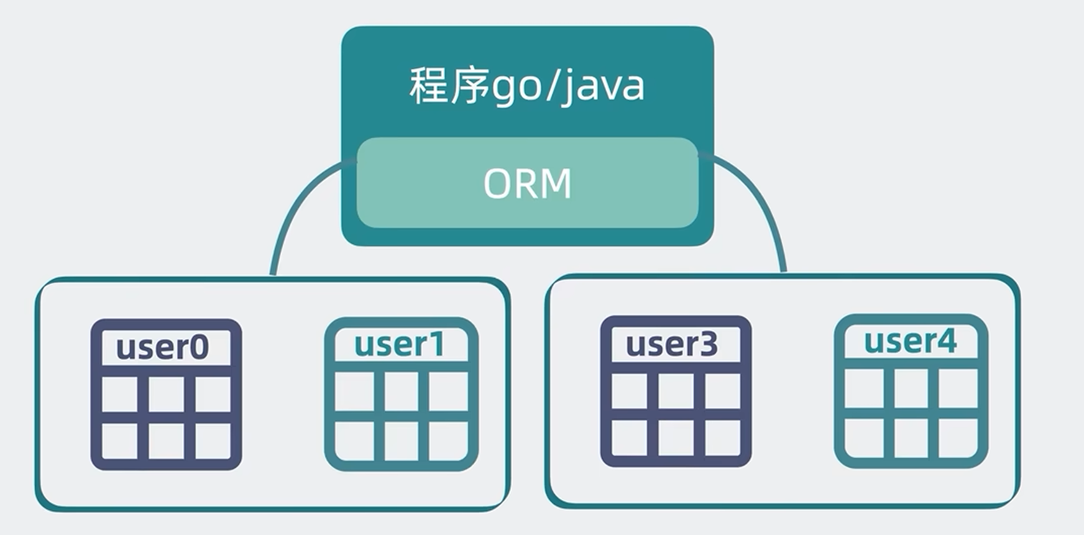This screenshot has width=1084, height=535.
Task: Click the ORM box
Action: [x=527, y=183]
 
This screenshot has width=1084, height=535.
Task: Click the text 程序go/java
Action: [x=527, y=86]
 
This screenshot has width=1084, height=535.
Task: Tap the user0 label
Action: [x=162, y=347]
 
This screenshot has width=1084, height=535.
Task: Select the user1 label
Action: [x=400, y=344]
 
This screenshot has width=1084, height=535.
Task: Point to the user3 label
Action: [x=671, y=344]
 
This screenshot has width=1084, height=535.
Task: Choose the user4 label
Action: [x=910, y=341]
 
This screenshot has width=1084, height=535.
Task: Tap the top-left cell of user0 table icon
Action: [x=120, y=395]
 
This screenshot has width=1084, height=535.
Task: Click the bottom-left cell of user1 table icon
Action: [x=354, y=441]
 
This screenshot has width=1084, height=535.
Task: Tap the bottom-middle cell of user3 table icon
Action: [x=676, y=438]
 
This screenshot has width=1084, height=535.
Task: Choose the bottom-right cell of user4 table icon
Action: [x=957, y=437]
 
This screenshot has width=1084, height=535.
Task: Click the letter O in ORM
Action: [x=498, y=183]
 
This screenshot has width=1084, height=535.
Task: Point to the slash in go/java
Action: [x=551, y=86]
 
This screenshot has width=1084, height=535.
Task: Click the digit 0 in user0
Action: [x=199, y=347]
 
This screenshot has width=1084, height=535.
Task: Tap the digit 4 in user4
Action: [x=947, y=341]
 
